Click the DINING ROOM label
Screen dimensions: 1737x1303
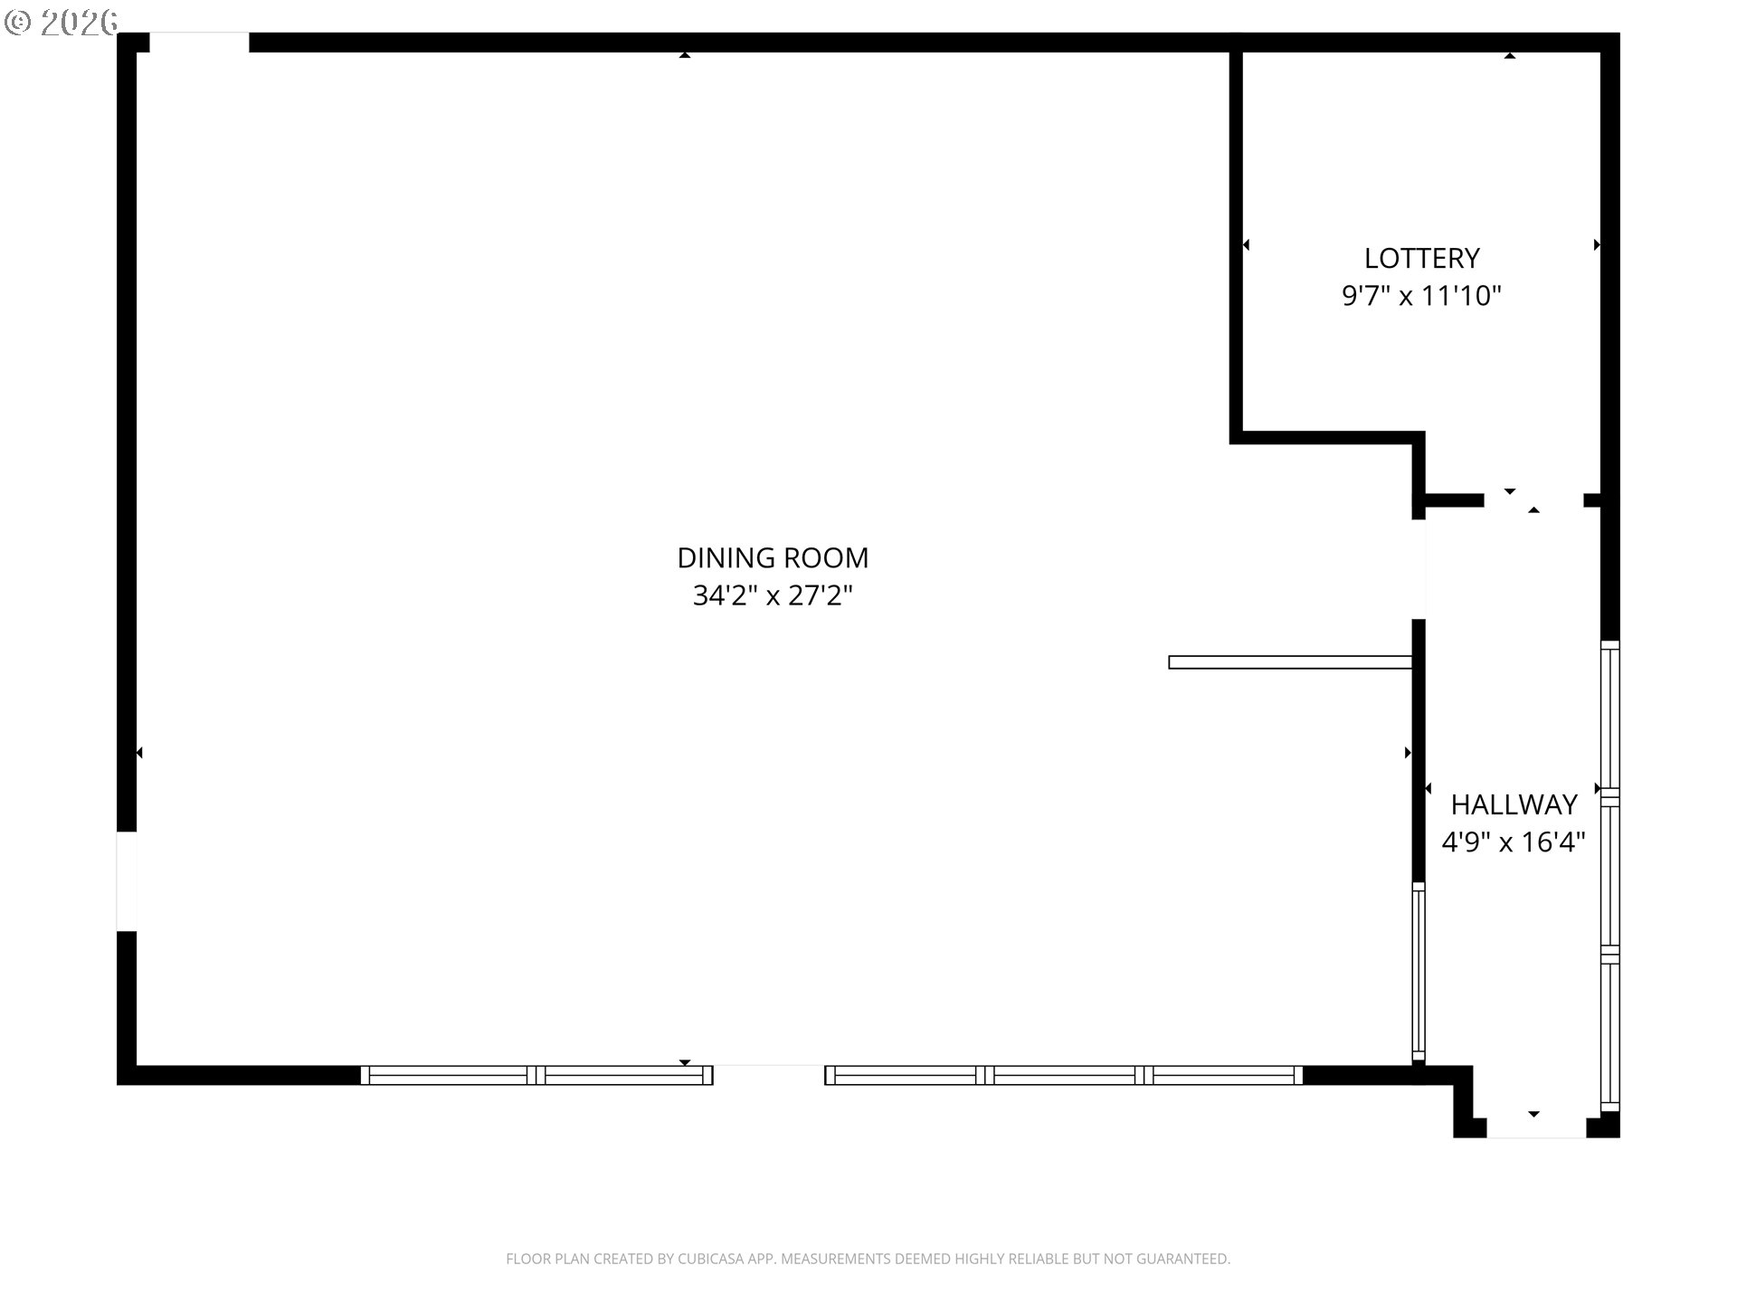(x=773, y=557)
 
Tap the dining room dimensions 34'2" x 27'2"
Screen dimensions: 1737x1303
(x=773, y=595)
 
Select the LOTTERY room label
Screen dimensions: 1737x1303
(x=1421, y=258)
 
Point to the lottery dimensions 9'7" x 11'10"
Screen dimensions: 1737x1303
(x=1421, y=296)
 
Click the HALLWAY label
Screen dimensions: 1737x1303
(x=1514, y=804)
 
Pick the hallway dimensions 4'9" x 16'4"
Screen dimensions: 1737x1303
(x=1514, y=842)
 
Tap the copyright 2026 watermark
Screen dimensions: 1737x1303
(x=61, y=22)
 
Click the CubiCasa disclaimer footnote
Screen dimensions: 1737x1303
(x=868, y=1259)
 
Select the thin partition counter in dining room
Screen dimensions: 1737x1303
(x=1290, y=662)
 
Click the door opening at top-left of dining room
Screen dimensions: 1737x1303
(x=199, y=43)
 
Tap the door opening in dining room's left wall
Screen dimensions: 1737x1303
(x=127, y=881)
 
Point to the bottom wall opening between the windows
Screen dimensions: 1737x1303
(x=769, y=1075)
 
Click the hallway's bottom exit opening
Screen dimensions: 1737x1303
(x=1536, y=1127)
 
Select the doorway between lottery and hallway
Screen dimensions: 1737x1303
(x=1533, y=500)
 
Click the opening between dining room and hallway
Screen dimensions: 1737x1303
(x=1419, y=569)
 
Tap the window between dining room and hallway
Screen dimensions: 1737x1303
(x=1419, y=972)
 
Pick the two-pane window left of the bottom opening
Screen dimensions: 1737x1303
(x=536, y=1075)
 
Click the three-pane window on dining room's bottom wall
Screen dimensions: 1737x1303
(x=1064, y=1075)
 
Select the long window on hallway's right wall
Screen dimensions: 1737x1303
(x=1610, y=876)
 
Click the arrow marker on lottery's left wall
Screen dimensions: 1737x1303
(x=1246, y=244)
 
